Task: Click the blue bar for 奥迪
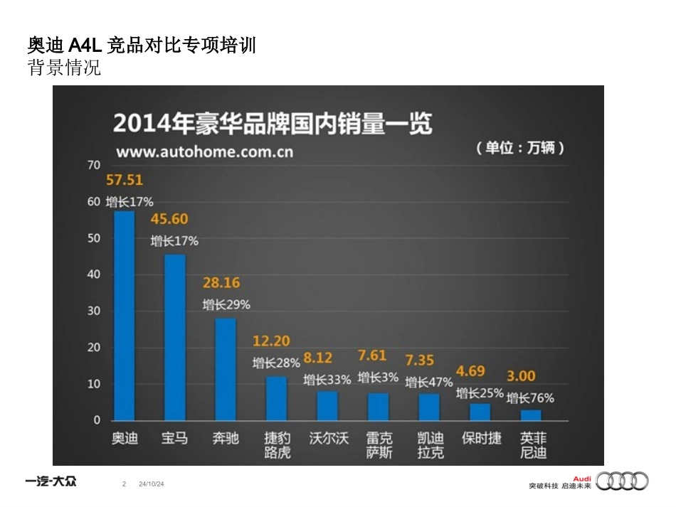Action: tap(124, 316)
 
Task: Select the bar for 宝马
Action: tap(175, 337)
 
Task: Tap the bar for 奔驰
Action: tap(226, 369)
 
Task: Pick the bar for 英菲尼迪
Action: tap(531, 415)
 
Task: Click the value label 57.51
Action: tap(125, 180)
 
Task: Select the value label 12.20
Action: tap(272, 342)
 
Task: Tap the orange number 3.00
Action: tap(521, 376)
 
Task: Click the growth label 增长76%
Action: tap(530, 398)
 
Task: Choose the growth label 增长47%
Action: tap(429, 383)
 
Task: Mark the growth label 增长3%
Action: tap(378, 378)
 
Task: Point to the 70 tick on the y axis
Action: tap(93, 165)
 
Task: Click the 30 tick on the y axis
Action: tap(93, 311)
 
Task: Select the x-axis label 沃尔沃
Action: tap(328, 438)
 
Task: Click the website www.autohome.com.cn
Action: tap(204, 151)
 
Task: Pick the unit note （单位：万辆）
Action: tap(521, 148)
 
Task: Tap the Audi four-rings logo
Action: tap(623, 481)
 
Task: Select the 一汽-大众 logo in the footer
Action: tap(51, 481)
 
